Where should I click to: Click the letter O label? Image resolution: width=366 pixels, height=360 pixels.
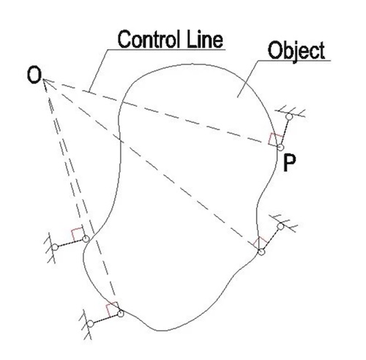tap(34, 76)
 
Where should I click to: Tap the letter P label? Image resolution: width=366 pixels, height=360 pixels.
tap(289, 163)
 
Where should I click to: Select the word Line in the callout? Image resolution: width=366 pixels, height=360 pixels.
tap(205, 40)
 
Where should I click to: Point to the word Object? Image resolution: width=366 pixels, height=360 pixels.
tap(296, 50)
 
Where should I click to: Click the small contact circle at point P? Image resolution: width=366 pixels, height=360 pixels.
tap(280, 147)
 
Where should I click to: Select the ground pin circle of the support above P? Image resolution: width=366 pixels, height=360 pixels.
tap(289, 117)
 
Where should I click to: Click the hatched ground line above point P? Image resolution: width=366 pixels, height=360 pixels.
tap(291, 112)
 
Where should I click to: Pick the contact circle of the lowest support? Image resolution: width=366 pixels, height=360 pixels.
tap(121, 314)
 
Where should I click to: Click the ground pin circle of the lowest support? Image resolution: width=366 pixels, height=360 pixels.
tap(90, 324)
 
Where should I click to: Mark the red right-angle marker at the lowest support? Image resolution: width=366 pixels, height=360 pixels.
tap(112, 310)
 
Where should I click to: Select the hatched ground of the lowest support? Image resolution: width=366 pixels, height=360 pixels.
tap(87, 325)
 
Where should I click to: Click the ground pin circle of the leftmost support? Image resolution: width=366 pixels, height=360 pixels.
tap(55, 247)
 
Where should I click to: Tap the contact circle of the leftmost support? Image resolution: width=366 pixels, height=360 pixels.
tap(86, 239)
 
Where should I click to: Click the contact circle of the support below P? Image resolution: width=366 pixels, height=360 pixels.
tap(261, 252)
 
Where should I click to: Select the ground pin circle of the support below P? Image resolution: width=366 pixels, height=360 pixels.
tap(280, 226)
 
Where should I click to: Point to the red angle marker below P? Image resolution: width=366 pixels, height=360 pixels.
tap(260, 242)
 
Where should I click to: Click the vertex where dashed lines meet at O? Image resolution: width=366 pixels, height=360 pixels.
tap(44, 80)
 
